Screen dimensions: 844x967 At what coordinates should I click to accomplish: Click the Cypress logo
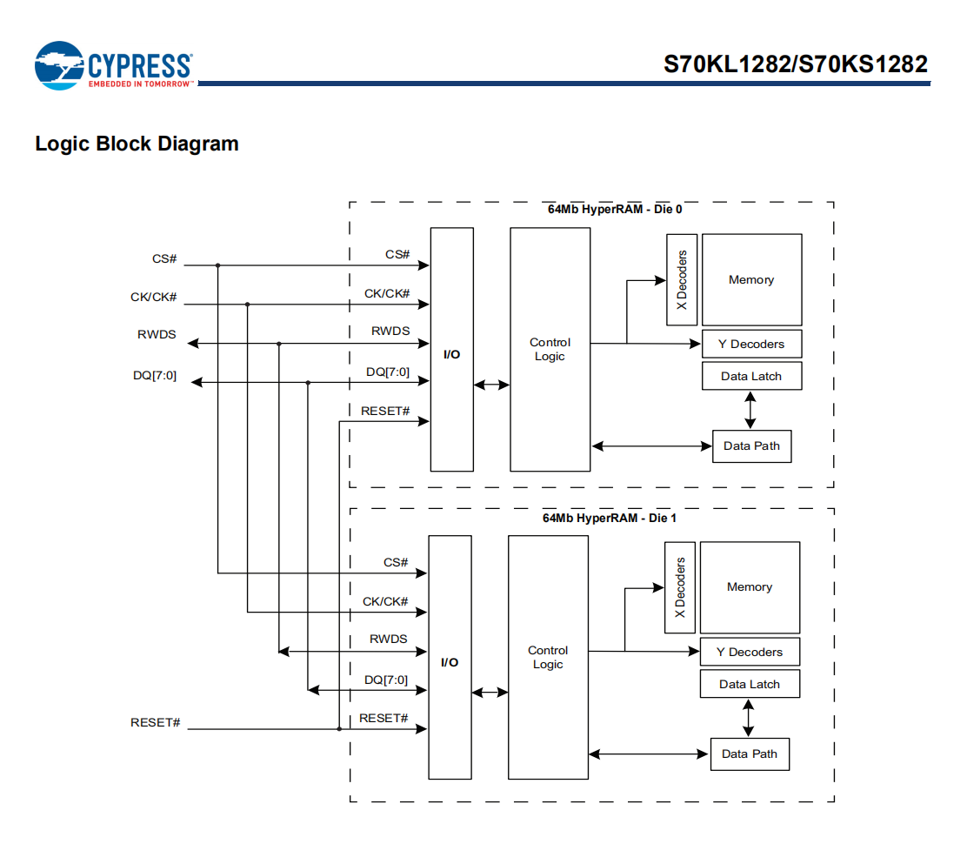(113, 66)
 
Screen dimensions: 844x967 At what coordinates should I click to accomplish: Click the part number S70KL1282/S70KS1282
(796, 64)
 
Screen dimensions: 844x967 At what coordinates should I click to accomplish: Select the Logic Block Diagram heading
(137, 144)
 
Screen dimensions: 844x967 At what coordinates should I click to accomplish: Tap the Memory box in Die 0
(751, 279)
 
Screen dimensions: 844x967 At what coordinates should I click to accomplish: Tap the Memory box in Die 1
(750, 587)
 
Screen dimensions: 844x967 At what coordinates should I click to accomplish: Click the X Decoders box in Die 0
(682, 280)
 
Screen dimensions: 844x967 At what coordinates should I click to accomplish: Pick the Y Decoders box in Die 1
(750, 652)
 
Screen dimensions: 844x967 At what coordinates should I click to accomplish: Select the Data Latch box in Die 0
(751, 377)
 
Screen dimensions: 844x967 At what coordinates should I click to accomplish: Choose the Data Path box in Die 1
(750, 754)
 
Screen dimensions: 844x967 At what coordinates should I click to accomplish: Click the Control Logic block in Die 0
(550, 349)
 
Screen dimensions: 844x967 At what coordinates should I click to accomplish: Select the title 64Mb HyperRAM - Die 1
(610, 518)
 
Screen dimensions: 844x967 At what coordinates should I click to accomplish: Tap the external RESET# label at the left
(155, 723)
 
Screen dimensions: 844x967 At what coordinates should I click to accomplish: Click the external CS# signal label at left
(164, 259)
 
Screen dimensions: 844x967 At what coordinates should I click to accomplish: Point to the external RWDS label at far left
(157, 334)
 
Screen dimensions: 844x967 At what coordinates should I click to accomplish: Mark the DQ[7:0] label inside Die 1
(386, 680)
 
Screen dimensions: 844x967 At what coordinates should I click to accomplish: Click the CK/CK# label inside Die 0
(387, 294)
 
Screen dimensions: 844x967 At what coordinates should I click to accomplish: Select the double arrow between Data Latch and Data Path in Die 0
(750, 410)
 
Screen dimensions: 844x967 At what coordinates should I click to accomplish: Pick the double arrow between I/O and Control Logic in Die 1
(490, 693)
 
